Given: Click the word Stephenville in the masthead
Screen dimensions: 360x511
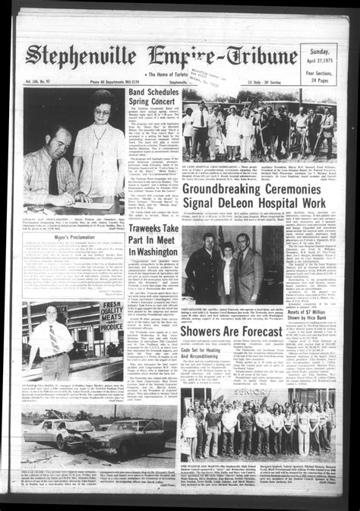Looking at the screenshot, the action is pos(84,55).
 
